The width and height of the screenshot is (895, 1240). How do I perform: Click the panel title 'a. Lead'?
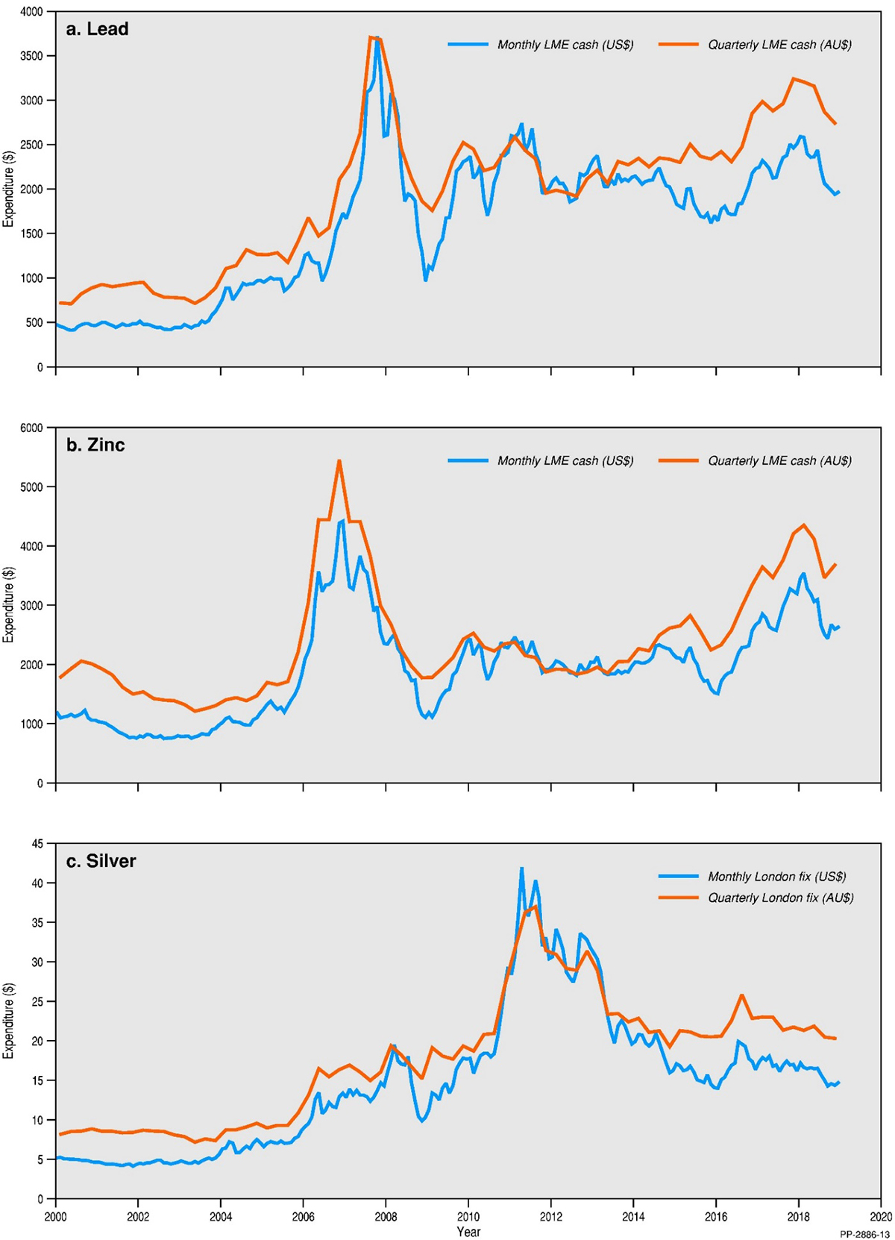(x=98, y=29)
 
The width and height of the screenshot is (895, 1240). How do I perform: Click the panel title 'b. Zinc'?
(x=95, y=445)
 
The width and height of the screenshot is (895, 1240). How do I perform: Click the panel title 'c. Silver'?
(x=101, y=861)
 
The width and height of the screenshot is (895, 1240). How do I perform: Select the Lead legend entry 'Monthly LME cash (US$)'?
(x=565, y=45)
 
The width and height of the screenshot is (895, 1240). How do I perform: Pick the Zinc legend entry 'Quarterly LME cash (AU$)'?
(x=779, y=461)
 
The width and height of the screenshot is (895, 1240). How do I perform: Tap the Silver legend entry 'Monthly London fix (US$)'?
(x=776, y=877)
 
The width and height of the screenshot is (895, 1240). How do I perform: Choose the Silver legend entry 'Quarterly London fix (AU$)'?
(x=780, y=898)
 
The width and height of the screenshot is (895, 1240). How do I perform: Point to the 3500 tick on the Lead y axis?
(x=31, y=56)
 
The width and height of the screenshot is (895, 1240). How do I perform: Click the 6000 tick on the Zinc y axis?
(x=31, y=428)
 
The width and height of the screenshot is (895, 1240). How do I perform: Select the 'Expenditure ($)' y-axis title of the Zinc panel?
(x=9, y=605)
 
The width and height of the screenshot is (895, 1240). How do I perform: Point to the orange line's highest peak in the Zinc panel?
(x=339, y=460)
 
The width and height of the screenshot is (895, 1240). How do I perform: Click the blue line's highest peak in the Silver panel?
(x=521, y=868)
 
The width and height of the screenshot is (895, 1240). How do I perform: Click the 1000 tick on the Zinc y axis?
(x=31, y=724)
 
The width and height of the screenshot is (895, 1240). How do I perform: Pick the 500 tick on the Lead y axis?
(x=34, y=322)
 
